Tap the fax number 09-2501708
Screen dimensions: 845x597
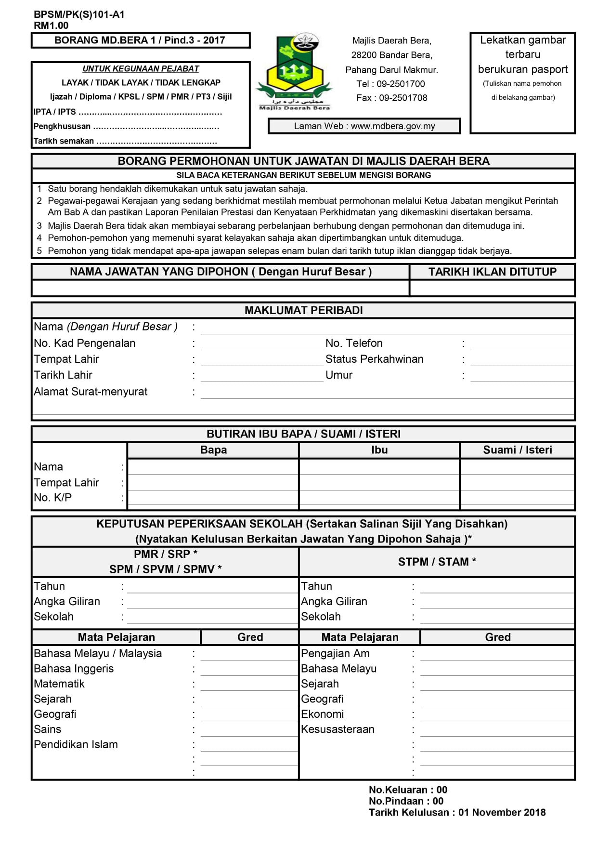pyautogui.click(x=403, y=98)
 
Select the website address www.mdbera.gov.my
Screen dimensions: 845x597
pyautogui.click(x=393, y=126)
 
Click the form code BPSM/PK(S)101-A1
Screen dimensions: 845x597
pyautogui.click(x=79, y=14)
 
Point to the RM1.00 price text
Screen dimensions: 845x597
pyautogui.click(x=51, y=26)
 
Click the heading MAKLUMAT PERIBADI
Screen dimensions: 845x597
pyautogui.click(x=303, y=310)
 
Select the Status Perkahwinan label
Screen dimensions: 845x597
pyautogui.click(x=374, y=359)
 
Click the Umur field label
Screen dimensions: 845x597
pyautogui.click(x=339, y=375)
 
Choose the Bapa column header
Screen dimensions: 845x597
pyautogui.click(x=213, y=450)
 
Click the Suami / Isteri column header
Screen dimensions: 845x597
pyautogui.click(x=518, y=450)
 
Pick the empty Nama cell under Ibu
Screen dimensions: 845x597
pyautogui.click(x=379, y=466)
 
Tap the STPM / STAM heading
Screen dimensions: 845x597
pyautogui.click(x=437, y=562)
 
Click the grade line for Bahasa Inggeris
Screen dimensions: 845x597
pyautogui.click(x=249, y=669)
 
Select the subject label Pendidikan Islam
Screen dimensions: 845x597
pyautogui.click(x=76, y=744)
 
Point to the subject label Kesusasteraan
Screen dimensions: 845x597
pyautogui.click(x=337, y=729)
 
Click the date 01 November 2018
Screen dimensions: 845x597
pyautogui.click(x=502, y=812)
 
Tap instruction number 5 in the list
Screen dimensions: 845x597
pyautogui.click(x=39, y=251)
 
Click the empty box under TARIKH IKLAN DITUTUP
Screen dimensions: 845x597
pyautogui.click(x=492, y=288)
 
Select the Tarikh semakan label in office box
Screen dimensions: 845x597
pyautogui.click(x=64, y=141)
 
